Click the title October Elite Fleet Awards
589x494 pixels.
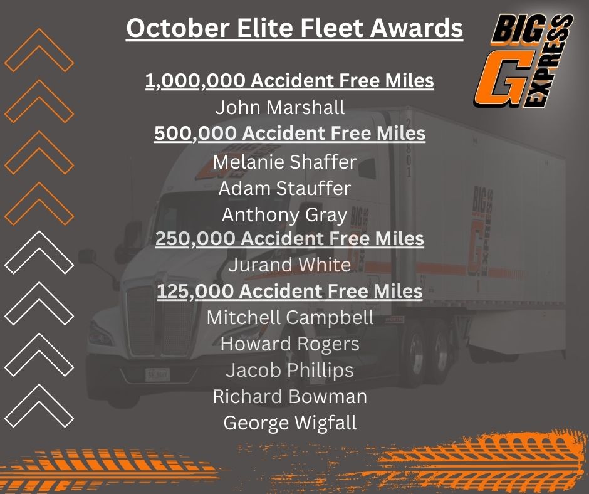click(x=294, y=28)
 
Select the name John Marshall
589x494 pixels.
click(x=280, y=108)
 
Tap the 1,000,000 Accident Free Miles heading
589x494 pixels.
click(x=289, y=81)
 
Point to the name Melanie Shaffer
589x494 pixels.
click(x=284, y=162)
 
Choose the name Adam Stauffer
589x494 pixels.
click(x=284, y=188)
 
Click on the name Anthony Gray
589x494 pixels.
click(x=284, y=215)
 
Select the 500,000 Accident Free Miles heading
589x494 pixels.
click(x=289, y=134)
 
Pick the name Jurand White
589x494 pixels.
click(x=289, y=265)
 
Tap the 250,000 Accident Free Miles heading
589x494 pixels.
click(x=289, y=239)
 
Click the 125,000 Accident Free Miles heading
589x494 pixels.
click(x=289, y=292)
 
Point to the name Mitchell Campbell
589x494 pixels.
click(x=290, y=318)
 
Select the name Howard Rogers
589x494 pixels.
click(x=290, y=344)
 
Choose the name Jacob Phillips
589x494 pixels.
click(x=289, y=370)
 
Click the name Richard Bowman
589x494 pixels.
click(x=289, y=397)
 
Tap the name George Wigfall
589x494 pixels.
click(x=289, y=423)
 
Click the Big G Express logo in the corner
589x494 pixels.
click(x=523, y=61)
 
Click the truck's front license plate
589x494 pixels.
click(x=157, y=375)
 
